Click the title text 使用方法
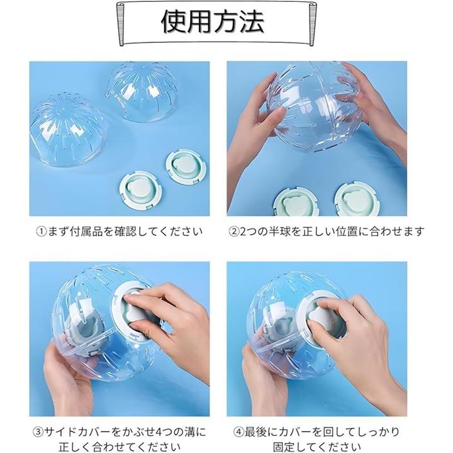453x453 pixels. pos(213,21)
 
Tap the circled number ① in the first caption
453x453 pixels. pos(42,232)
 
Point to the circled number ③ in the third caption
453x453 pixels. pos(38,432)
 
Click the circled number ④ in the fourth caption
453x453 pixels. pos(238,432)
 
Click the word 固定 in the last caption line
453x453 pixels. pos(284,447)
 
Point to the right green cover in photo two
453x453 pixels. pos(357,199)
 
